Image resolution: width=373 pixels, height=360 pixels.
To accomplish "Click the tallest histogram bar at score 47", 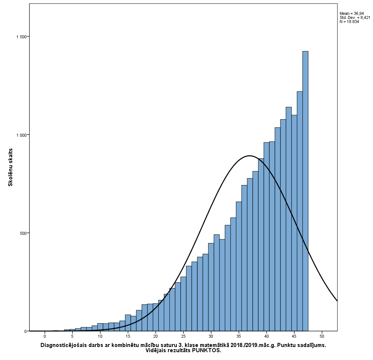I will click(305, 191).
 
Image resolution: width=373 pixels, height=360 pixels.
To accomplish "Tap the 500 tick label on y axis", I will click(23, 233).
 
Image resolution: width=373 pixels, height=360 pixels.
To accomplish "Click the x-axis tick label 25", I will click(183, 336).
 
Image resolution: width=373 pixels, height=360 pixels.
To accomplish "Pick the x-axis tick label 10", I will click(100, 336).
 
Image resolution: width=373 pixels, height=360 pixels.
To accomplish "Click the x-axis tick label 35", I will click(239, 336).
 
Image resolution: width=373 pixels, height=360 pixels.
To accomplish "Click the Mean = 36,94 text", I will click(352, 13).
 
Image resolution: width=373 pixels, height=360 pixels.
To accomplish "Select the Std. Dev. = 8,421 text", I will click(354, 17).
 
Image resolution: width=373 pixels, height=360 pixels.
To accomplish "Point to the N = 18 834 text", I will click(349, 22).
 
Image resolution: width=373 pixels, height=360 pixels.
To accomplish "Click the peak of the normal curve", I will click(249, 156).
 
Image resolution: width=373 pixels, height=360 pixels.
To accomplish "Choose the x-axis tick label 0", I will click(45, 336).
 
